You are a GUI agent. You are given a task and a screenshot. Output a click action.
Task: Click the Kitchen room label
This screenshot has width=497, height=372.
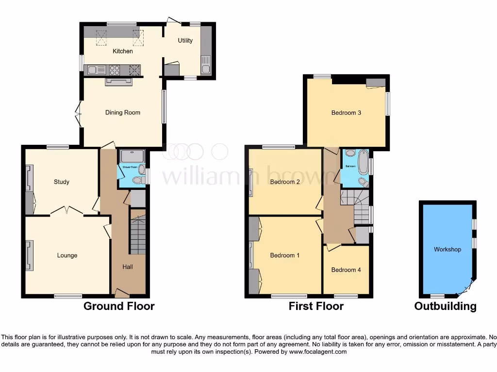tap(123, 51)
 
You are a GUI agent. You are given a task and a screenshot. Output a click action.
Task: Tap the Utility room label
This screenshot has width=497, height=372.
tap(185, 41)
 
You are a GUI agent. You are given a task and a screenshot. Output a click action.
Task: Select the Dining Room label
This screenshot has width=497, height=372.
tap(123, 112)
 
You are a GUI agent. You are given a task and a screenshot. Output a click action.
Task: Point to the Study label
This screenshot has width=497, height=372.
tap(61, 182)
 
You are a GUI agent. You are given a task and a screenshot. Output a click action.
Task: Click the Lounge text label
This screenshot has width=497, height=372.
tap(67, 255)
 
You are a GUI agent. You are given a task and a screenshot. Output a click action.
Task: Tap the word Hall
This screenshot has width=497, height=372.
tap(128, 267)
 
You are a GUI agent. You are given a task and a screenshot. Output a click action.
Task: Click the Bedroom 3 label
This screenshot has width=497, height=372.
tap(346, 113)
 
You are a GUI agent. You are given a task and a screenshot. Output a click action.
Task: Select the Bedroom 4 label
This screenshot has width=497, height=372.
tap(346, 270)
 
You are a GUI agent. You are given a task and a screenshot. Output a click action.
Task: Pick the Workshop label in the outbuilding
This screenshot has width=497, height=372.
tap(447, 249)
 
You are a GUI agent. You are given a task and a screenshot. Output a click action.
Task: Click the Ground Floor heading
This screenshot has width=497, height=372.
tap(119, 306)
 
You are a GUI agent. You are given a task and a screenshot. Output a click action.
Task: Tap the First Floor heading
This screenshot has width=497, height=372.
tap(316, 306)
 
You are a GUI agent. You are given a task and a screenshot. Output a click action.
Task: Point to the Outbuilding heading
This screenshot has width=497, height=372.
tap(445, 306)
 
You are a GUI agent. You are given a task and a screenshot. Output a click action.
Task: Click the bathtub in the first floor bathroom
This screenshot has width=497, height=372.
tap(363, 163)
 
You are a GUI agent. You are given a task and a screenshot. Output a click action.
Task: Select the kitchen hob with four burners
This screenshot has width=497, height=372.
tap(115, 70)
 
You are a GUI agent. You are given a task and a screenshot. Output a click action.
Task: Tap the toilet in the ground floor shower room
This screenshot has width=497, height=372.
tap(138, 180)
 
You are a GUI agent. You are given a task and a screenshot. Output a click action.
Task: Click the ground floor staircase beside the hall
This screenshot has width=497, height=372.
tap(138, 235)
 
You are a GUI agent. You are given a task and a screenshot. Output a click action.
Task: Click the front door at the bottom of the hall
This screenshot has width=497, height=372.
tap(121, 293)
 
